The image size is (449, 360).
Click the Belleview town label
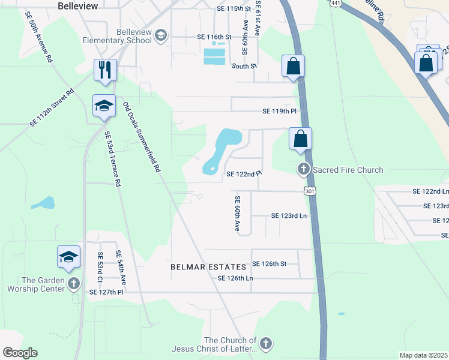(77, 5)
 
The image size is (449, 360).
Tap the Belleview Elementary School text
(117, 35)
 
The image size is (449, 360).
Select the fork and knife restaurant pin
(104, 70)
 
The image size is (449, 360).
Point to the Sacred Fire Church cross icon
(304, 170)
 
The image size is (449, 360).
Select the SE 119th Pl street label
(280, 112)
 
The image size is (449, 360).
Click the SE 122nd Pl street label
(244, 174)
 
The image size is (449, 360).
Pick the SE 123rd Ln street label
(289, 215)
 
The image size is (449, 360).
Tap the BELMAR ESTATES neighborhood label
(208, 266)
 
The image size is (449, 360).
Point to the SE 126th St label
(270, 263)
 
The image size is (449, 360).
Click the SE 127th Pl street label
(106, 292)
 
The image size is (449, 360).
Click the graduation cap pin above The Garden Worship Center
(68, 257)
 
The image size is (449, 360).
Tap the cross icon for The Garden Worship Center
(73, 283)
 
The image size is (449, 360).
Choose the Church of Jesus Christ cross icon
(265, 344)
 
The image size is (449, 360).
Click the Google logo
(19, 353)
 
